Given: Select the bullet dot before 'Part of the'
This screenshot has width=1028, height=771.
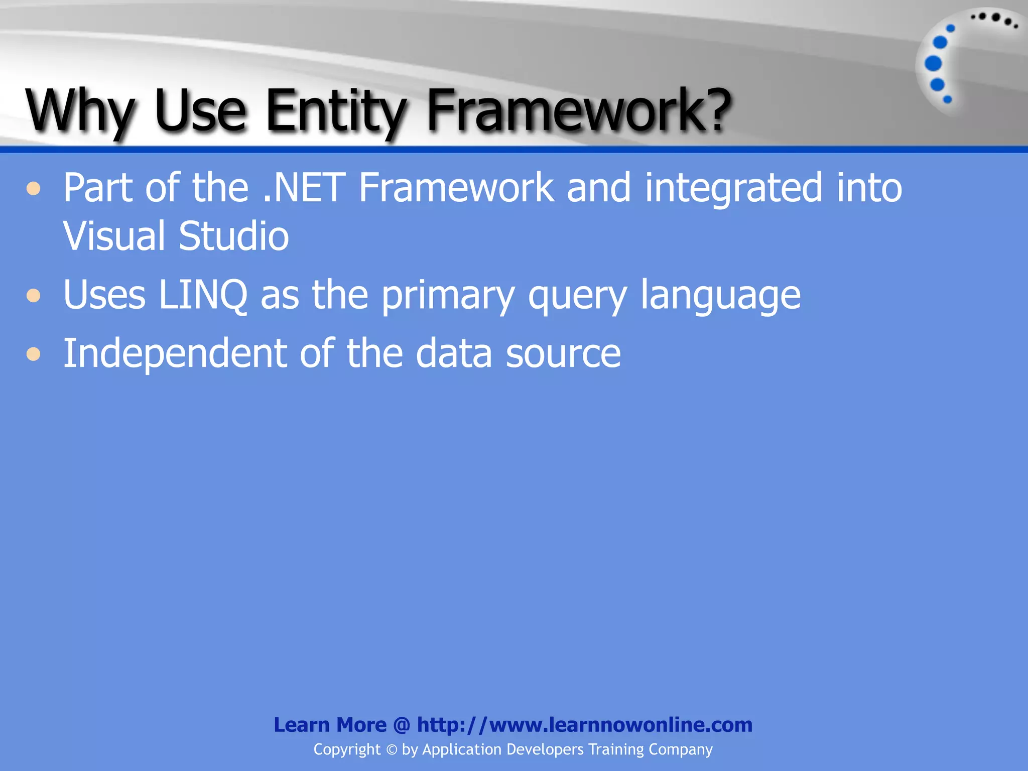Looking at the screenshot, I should tap(34, 189).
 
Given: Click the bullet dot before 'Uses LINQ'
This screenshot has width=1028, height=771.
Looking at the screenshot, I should tap(34, 296).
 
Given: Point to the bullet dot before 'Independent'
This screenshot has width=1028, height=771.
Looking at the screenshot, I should tap(34, 354).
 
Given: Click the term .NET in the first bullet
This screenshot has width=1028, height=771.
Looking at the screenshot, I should tap(304, 188).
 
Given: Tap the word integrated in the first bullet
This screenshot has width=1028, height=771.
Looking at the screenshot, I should tap(733, 189).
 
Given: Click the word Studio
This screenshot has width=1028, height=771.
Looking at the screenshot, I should tap(234, 236).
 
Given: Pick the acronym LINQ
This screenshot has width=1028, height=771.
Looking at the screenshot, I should tap(203, 295).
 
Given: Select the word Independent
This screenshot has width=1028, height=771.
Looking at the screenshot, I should tap(174, 354).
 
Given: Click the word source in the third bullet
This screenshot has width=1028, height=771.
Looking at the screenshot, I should tap(563, 354).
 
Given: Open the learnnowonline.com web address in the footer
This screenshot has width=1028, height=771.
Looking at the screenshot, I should tap(584, 725).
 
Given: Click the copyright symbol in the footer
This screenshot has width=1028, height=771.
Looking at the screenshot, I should tap(392, 750).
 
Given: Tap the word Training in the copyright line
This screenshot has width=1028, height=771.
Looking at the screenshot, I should tap(616, 749).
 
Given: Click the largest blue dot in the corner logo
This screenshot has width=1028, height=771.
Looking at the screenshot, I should tap(933, 64).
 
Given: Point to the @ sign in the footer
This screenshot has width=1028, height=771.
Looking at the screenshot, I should tap(402, 725).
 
